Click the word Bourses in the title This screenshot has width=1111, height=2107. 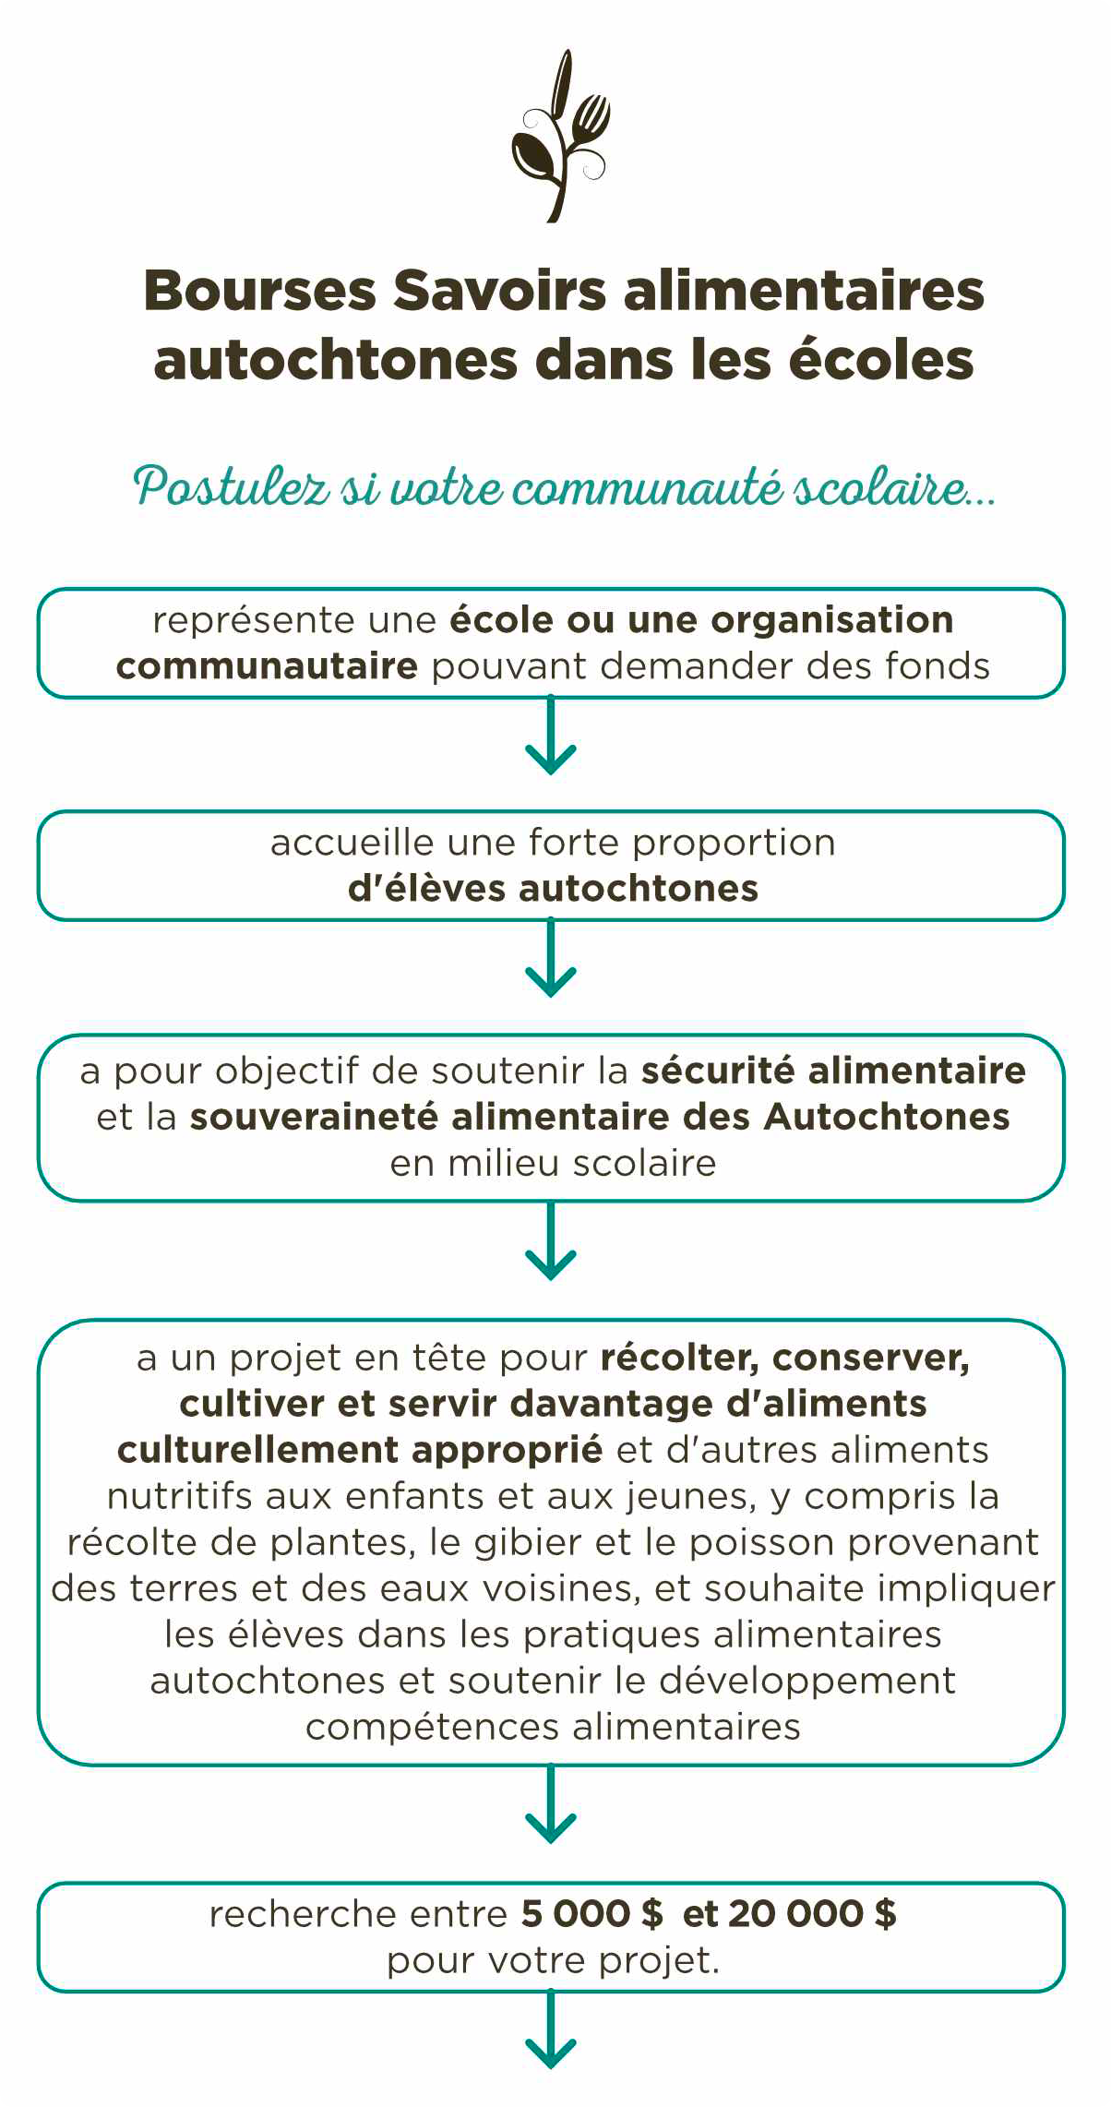click(260, 291)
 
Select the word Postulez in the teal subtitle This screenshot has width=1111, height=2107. click(232, 486)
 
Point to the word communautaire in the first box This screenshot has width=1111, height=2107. click(267, 666)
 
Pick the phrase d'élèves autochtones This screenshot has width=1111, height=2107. click(553, 889)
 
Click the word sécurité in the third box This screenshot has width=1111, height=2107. click(718, 1071)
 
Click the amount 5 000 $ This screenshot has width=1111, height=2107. click(591, 1913)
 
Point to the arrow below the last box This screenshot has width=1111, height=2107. click(551, 2035)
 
